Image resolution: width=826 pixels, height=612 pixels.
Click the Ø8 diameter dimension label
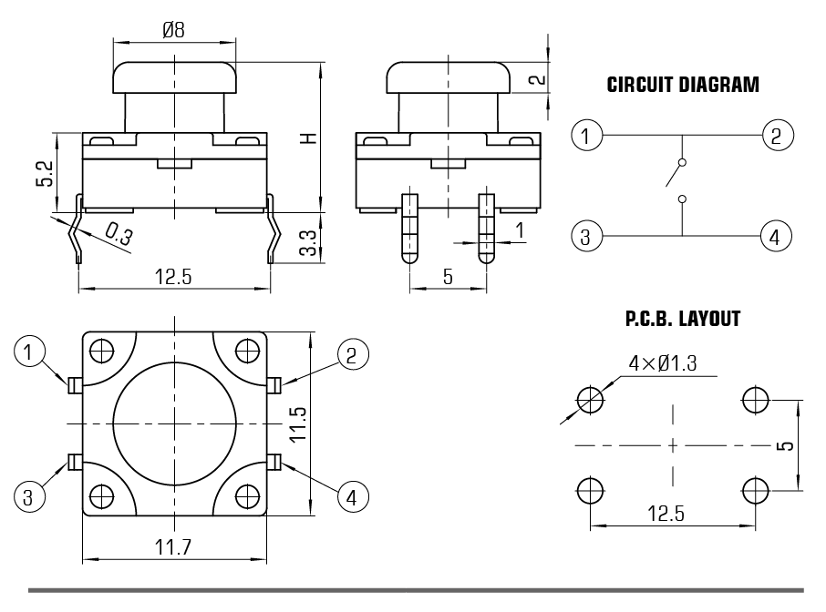pos(173,29)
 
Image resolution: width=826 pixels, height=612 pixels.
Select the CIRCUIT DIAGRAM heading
pos(683,86)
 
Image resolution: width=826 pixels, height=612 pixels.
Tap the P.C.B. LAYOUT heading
pos(683,320)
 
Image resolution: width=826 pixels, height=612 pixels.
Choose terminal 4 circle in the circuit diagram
pos(774,238)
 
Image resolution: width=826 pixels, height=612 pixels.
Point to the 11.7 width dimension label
pos(173,547)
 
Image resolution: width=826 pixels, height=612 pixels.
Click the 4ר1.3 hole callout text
pos(663,363)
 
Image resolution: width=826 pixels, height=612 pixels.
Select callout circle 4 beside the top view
pos(354,496)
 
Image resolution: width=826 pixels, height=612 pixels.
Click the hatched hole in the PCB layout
pos(590,398)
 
